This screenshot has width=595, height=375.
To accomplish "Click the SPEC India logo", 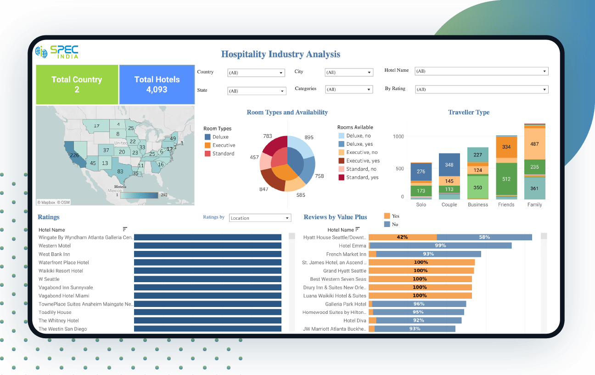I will click(x=57, y=51).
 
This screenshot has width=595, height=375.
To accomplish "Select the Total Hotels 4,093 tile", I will click(x=157, y=85).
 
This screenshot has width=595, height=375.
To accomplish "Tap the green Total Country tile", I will click(x=77, y=85).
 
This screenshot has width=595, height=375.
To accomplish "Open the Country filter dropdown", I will click(x=257, y=73).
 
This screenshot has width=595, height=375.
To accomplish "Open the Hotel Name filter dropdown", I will click(x=481, y=71).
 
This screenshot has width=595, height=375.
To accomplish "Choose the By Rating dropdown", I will click(x=481, y=90).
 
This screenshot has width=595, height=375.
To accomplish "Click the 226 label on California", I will click(x=74, y=155).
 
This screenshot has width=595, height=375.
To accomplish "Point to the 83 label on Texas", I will click(x=120, y=171).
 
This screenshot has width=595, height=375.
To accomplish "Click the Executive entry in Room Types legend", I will click(x=224, y=145).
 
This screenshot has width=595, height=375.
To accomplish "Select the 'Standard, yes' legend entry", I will click(x=362, y=177).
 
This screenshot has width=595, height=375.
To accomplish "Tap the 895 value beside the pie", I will click(x=309, y=137).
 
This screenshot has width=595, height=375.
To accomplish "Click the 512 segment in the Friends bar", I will click(x=506, y=179).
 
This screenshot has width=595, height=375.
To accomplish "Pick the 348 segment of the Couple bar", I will click(x=449, y=165).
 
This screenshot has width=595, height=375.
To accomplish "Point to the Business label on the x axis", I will click(x=478, y=205).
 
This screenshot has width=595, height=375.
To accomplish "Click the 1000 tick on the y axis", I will click(x=398, y=136).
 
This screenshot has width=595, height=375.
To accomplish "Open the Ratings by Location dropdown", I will click(x=260, y=218).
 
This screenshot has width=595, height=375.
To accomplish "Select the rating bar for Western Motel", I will click(x=208, y=246).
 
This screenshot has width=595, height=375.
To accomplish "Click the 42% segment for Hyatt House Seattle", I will click(x=402, y=237).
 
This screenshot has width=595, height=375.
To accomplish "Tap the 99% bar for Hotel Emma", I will click(x=440, y=246).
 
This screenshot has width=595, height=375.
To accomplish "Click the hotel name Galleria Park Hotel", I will click(x=346, y=304).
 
